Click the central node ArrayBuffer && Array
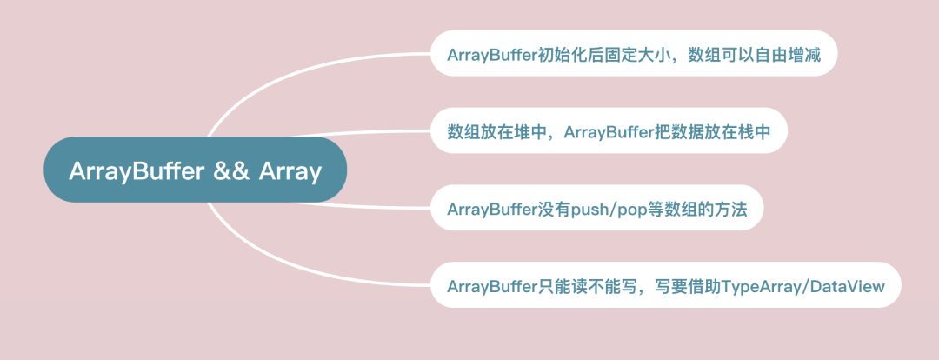[x=196, y=170]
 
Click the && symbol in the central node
[x=230, y=171]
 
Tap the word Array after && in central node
[x=290, y=171]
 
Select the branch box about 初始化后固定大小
[x=634, y=54]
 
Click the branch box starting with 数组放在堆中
[x=609, y=131]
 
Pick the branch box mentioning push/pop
[x=596, y=209]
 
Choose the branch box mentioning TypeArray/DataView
[x=665, y=285]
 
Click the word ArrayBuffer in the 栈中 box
[x=609, y=131]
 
